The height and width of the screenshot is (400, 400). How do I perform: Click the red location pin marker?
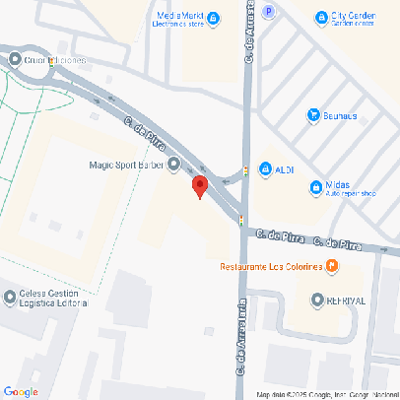click(x=199, y=186)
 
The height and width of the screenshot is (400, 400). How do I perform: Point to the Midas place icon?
click(x=315, y=186)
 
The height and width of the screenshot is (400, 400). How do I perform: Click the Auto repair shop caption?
click(x=353, y=193)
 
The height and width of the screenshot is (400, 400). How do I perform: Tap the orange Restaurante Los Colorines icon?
click(x=332, y=266)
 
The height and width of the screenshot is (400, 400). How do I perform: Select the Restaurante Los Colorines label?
click(x=272, y=267)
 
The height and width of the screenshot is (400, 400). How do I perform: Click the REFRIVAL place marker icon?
click(x=317, y=300)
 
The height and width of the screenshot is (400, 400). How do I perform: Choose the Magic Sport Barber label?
click(x=125, y=165)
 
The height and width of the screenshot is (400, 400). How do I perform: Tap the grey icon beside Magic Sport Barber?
click(x=174, y=165)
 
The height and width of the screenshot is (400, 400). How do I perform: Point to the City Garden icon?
click(x=320, y=17)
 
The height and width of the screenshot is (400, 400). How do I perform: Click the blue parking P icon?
click(x=270, y=11)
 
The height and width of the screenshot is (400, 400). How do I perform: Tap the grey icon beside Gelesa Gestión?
click(x=10, y=296)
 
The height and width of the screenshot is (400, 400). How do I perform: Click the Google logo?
click(x=21, y=391)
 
